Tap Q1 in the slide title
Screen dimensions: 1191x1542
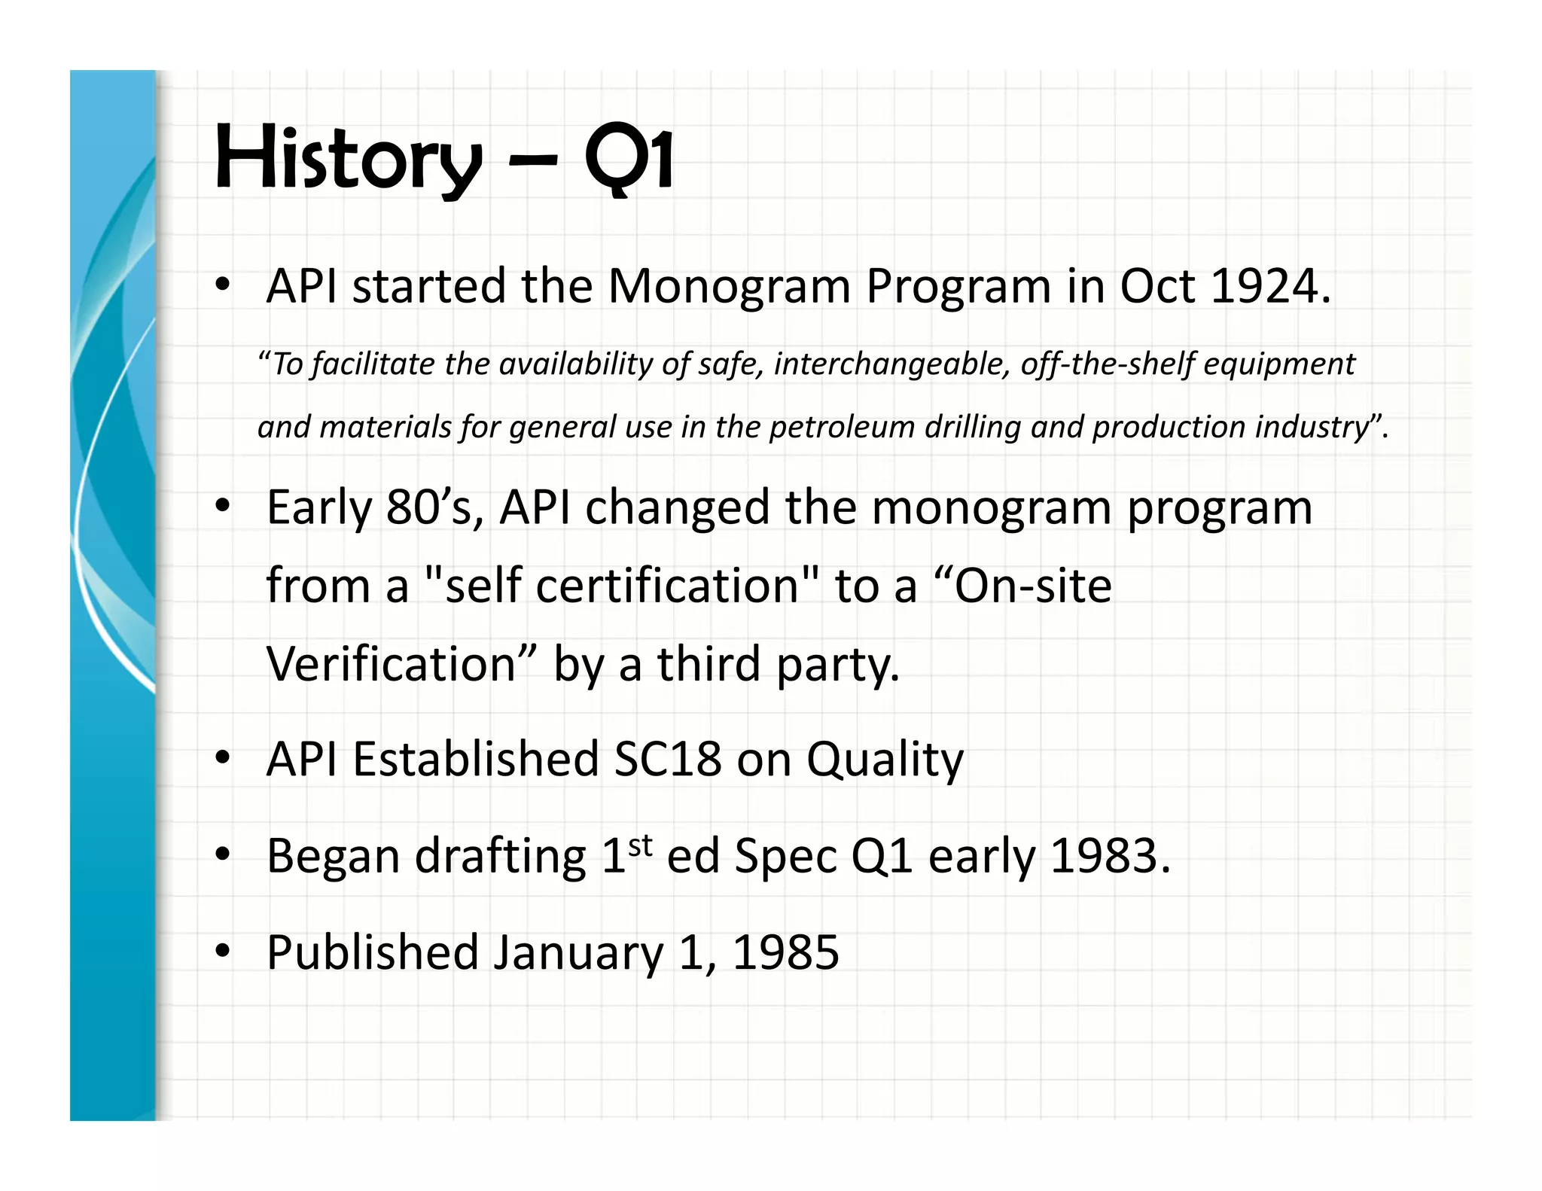click(x=629, y=158)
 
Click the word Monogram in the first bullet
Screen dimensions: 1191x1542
click(x=728, y=287)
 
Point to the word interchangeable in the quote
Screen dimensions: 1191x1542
click(x=890, y=364)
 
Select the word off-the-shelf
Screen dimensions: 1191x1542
click(x=1107, y=364)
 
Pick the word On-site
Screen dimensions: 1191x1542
click(x=1032, y=586)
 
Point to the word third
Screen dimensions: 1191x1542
click(x=709, y=664)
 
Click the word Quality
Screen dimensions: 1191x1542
click(x=885, y=760)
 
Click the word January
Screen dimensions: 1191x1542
click(x=578, y=953)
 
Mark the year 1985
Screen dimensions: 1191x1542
click(x=785, y=953)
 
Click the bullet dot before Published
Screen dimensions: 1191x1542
click(x=222, y=952)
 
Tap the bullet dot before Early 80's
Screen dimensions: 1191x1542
click(x=222, y=506)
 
